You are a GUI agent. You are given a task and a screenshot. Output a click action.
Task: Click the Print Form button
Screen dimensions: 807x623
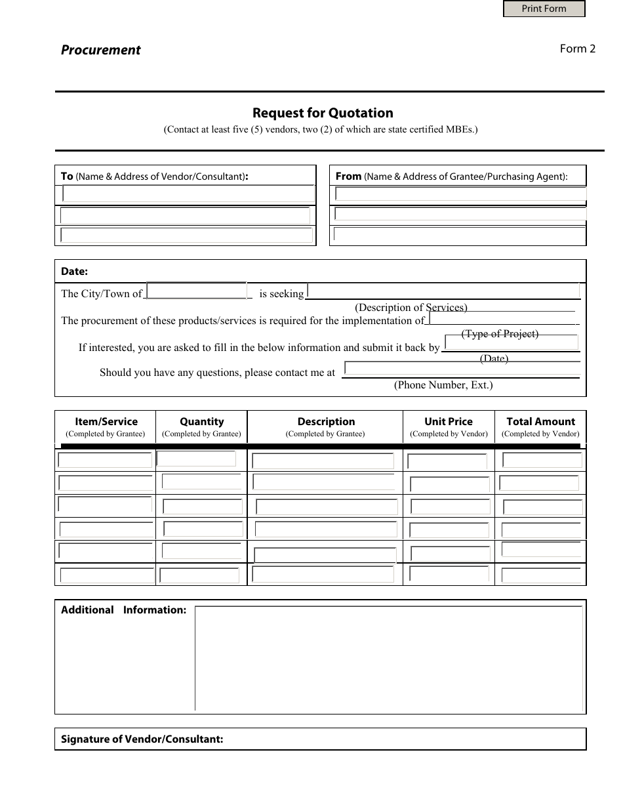click(x=544, y=9)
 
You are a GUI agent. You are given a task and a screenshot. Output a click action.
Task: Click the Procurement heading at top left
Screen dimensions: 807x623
click(x=100, y=50)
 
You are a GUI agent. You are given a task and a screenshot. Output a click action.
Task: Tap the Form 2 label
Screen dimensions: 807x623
click(x=577, y=49)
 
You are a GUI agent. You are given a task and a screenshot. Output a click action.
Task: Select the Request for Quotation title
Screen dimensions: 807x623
click(x=323, y=113)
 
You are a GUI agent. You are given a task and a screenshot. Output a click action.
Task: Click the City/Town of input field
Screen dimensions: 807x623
click(x=196, y=291)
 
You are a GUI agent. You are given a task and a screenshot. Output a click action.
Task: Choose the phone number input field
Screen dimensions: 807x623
click(x=462, y=369)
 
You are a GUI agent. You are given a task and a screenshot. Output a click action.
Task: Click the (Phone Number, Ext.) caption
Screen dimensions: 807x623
click(x=443, y=385)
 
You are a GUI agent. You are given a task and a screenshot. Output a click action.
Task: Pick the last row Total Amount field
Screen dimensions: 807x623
click(x=541, y=575)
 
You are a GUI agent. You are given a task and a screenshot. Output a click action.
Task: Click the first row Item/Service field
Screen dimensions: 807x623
click(x=105, y=460)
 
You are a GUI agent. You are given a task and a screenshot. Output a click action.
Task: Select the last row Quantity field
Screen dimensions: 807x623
click(x=199, y=575)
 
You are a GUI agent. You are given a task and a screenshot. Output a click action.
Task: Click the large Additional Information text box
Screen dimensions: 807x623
click(x=389, y=658)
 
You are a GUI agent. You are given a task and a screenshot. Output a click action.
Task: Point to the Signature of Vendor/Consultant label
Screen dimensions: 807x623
click(x=142, y=739)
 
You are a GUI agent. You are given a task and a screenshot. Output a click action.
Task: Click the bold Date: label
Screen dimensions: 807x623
click(x=74, y=271)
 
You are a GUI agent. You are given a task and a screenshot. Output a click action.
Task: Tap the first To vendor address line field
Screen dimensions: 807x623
click(x=188, y=194)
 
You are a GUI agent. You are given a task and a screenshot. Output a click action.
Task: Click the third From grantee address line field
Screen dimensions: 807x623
click(x=459, y=234)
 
